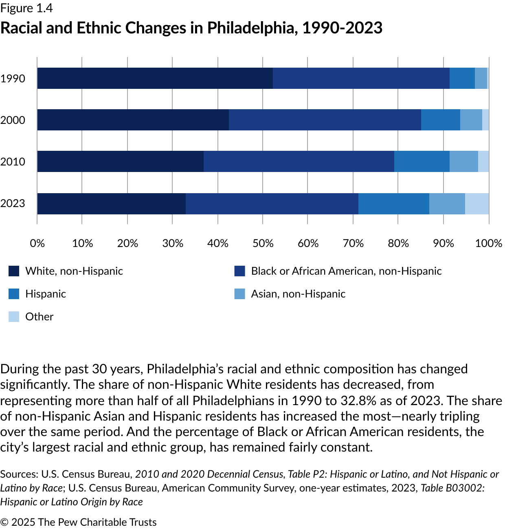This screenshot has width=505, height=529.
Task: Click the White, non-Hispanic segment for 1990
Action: click(155, 78)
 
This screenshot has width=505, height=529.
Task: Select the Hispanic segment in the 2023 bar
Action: click(394, 203)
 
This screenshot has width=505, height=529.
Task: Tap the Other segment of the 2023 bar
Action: click(477, 203)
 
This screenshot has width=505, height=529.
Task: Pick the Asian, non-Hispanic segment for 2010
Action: click(464, 161)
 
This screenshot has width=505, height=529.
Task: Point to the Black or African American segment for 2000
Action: click(325, 120)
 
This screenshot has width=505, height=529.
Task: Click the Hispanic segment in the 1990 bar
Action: click(462, 78)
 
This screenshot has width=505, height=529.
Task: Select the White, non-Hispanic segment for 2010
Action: click(120, 161)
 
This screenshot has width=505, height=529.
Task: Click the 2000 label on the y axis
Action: click(13, 120)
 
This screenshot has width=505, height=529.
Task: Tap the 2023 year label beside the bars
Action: click(13, 203)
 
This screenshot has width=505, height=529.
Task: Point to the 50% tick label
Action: click(263, 243)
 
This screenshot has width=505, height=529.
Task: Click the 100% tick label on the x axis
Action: click(489, 243)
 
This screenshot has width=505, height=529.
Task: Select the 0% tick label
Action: click(37, 243)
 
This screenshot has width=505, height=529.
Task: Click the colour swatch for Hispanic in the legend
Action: click(14, 294)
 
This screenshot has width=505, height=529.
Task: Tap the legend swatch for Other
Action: click(14, 317)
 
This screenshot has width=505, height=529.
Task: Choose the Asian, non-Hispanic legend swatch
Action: click(240, 294)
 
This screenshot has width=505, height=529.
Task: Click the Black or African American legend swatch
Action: click(240, 271)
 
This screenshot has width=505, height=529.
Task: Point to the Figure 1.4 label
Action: click(26, 8)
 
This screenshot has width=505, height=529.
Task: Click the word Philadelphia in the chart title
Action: click(253, 28)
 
